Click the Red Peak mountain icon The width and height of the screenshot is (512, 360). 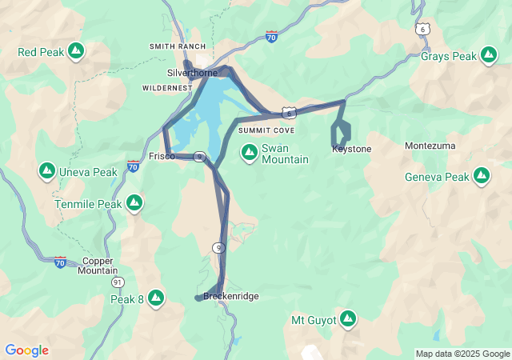pos(75,52)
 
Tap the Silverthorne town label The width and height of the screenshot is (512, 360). pos(191,73)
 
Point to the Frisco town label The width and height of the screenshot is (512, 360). pos(162,156)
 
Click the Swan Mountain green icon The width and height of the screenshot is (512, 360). pos(250,150)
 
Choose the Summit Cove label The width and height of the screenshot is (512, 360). pos(266,130)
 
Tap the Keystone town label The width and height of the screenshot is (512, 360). pos(351,149)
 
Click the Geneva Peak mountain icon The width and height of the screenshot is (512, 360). pos(482,175)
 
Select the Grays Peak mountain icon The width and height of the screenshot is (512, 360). pos(488,55)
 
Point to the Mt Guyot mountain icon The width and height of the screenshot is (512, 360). pos(348,319)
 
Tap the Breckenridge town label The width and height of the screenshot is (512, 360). pos(231,296)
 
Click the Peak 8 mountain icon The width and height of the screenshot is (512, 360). pos(156,298)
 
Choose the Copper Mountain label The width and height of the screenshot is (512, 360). pos(98,266)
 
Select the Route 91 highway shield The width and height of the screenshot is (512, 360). pos(118,282)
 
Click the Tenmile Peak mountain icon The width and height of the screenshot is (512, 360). pos(134,203)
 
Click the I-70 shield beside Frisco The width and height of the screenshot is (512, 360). pos(133,166)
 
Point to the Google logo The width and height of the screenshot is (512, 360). pos(26,350)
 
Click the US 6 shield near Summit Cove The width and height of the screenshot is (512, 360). pos(289,114)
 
